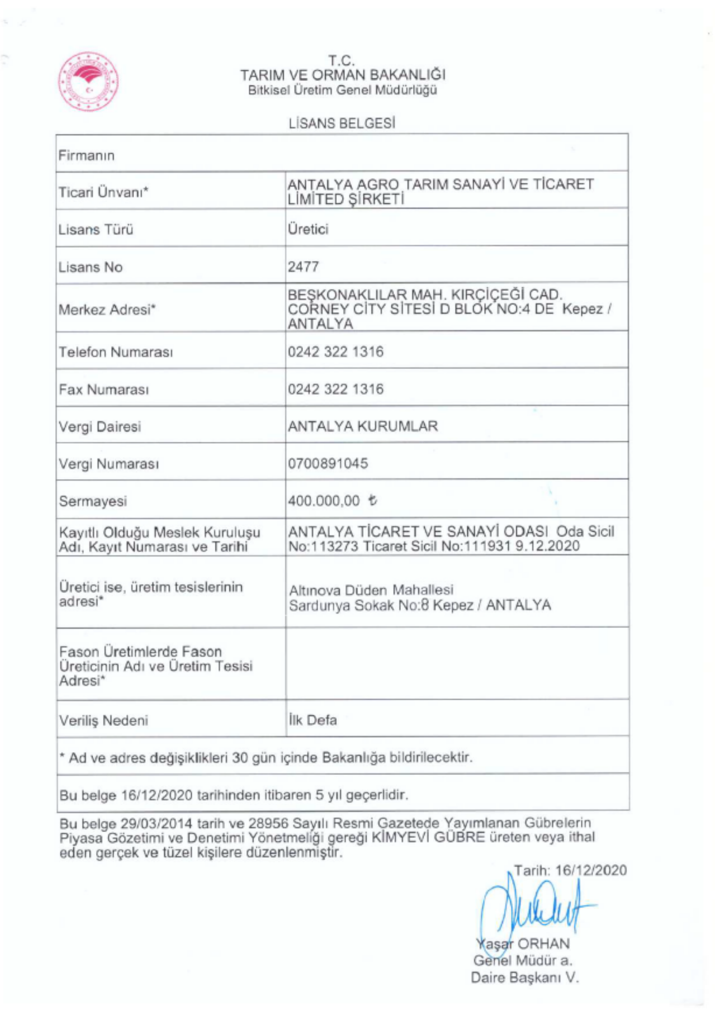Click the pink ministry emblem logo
tap(88, 81)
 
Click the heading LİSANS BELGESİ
tap(342, 123)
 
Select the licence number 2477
tap(303, 266)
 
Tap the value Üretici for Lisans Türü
tap(308, 229)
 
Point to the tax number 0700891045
tap(328, 464)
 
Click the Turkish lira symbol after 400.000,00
tap(373, 501)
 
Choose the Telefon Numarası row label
tap(116, 352)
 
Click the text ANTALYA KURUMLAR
tap(363, 426)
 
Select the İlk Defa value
tap(312, 720)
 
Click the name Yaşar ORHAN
tap(522, 944)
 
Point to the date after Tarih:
tap(591, 870)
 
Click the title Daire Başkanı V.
tap(524, 977)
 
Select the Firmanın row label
tap(86, 155)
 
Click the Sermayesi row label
tap(93, 501)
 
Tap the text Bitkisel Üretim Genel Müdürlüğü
tap(342, 90)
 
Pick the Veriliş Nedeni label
tap(104, 720)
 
